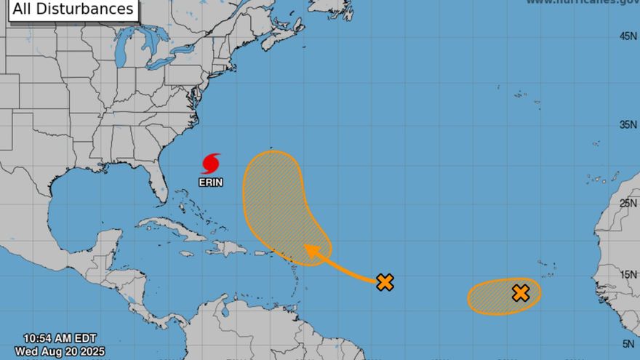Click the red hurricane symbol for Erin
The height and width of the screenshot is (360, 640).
[211, 163]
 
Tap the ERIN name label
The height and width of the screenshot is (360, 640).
[211, 182]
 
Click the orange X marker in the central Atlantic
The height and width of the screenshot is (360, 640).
[385, 282]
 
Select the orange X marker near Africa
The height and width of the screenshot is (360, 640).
[520, 293]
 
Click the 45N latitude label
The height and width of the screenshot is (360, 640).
[628, 36]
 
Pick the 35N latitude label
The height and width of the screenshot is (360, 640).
[628, 124]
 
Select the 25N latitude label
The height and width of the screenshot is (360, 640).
[628, 203]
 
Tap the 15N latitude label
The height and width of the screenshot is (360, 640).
[628, 275]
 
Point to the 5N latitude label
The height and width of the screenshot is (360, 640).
[630, 344]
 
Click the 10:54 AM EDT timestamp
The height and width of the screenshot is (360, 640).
[60, 338]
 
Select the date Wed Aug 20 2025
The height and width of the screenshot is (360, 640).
[60, 351]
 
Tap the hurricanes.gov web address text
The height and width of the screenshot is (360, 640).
[582, 2]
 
